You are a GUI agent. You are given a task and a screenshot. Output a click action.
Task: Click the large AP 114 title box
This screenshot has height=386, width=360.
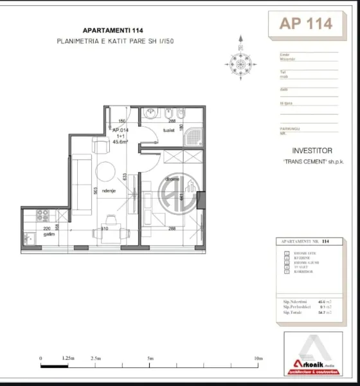tap(306, 24)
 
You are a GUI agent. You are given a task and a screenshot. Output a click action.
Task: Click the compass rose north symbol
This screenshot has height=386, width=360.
tap(239, 61)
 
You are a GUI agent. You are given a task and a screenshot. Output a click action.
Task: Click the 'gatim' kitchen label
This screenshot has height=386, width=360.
tap(48, 234)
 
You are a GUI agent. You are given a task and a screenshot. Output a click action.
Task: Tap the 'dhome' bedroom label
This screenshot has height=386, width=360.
tap(172, 179)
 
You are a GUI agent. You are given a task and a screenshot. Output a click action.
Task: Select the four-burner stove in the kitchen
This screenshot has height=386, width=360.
tap(44, 215)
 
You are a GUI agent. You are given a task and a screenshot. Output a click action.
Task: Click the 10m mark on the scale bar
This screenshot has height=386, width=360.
tap(258, 358)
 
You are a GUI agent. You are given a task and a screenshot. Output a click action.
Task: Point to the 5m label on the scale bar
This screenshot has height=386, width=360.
tap(150, 358)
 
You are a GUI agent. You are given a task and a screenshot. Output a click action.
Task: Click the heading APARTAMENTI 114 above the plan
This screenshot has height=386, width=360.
tap(109, 30)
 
